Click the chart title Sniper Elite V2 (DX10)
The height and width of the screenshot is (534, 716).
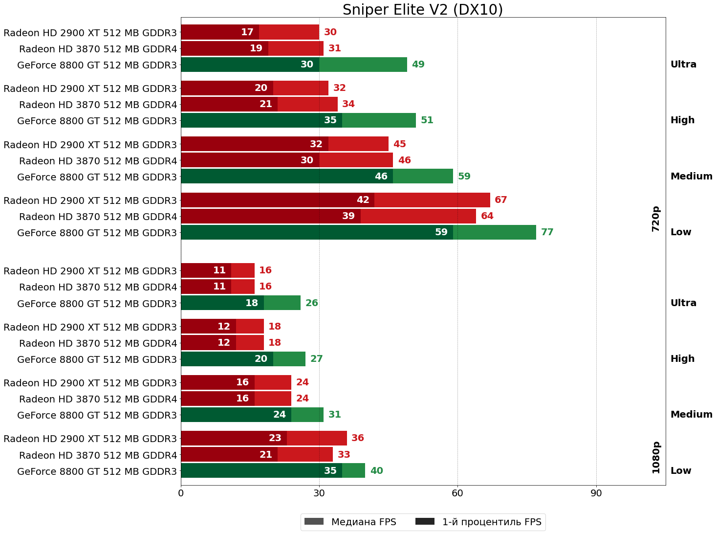tap(422, 10)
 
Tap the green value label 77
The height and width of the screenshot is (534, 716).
tap(547, 232)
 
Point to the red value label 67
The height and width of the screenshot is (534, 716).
tap(500, 200)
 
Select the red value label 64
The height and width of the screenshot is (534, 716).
tap(487, 216)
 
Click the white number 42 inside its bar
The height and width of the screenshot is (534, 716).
tap(363, 200)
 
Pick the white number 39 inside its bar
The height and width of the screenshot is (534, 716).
tap(348, 216)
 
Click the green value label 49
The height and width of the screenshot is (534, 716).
tap(418, 65)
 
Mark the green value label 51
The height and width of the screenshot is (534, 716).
tap(427, 120)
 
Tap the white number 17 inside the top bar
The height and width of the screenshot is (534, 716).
tap(247, 32)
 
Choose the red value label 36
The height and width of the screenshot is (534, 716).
tap(357, 438)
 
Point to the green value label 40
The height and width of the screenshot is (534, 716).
tap(376, 471)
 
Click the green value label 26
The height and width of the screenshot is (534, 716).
tap(311, 303)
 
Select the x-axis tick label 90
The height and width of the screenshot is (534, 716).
tap(596, 493)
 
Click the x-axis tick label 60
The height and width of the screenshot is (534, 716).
tap(457, 493)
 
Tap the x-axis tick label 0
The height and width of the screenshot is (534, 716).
tap(181, 493)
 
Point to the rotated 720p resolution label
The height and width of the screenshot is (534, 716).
tap(656, 219)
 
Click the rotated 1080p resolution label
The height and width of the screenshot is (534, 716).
tap(656, 458)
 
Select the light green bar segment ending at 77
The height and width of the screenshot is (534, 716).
tap(494, 232)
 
